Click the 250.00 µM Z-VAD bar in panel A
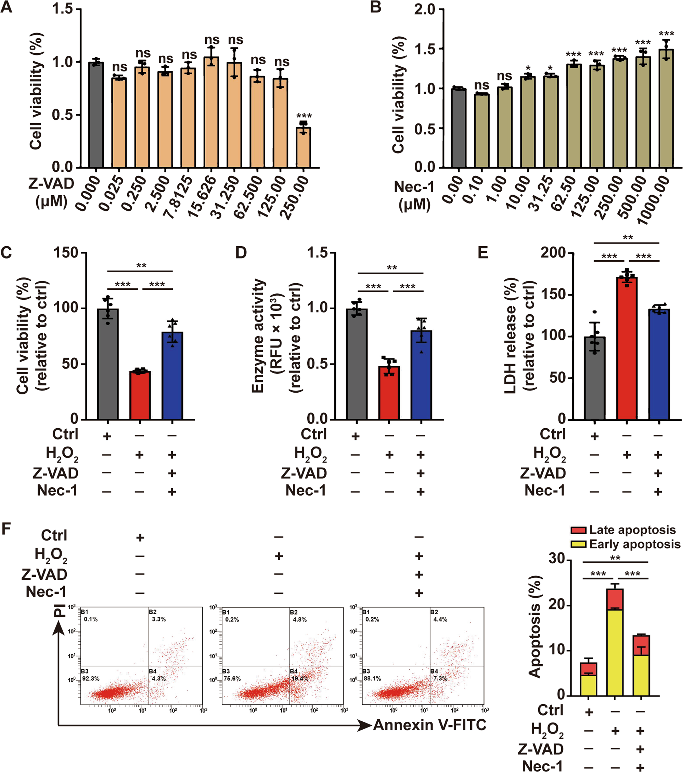coord(303,147)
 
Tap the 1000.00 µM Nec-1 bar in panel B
coord(666,109)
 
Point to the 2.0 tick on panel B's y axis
coord(425,10)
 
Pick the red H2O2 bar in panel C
coord(140,395)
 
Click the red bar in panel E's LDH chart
coord(627,348)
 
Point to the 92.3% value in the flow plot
coord(91,679)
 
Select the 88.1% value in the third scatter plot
coord(372,679)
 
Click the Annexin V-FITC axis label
coord(429,725)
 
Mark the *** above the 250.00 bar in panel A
coord(304,116)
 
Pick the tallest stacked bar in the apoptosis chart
coord(615,642)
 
